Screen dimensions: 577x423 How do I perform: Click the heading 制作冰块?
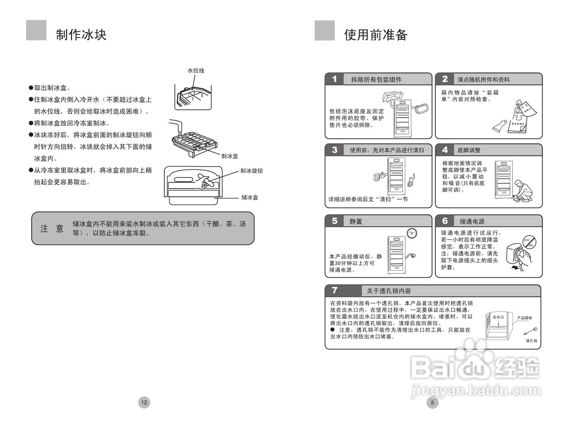tap(81, 34)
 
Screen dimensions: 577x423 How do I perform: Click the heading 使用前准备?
tap(376, 34)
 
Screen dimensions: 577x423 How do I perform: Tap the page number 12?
tap(144, 403)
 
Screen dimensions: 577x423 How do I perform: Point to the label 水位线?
tap(196, 71)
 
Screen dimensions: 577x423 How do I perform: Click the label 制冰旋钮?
tap(252, 171)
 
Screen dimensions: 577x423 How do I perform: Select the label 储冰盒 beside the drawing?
tap(250, 197)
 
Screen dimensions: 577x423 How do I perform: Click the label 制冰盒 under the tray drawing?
tap(229, 156)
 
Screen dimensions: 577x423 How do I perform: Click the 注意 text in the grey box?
tap(52, 229)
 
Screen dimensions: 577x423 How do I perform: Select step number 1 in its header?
tap(334, 79)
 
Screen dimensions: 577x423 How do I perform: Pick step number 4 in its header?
tap(445, 150)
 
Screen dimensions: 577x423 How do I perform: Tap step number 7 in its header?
tap(334, 291)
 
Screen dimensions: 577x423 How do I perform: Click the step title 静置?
tap(356, 221)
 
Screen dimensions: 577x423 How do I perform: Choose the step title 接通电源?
tap(472, 221)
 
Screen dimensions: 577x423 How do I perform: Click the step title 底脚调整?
tap(469, 150)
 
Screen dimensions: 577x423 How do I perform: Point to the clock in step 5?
tap(412, 233)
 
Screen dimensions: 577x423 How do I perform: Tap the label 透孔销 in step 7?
tap(531, 341)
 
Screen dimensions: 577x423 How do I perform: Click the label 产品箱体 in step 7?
tap(524, 318)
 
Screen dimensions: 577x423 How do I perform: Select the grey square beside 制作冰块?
tap(36, 30)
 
